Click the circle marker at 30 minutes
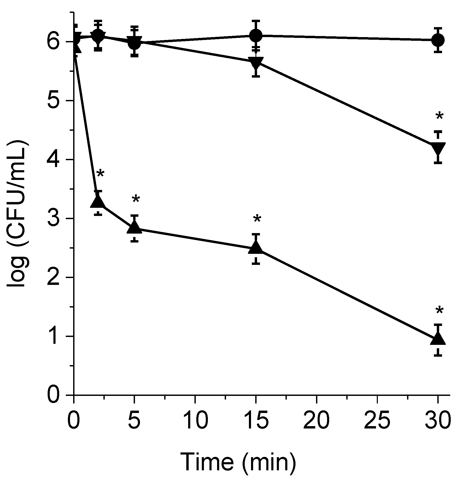click(438, 40)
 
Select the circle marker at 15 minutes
click(255, 35)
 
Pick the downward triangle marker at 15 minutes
click(255, 63)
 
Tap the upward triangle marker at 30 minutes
click(438, 339)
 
